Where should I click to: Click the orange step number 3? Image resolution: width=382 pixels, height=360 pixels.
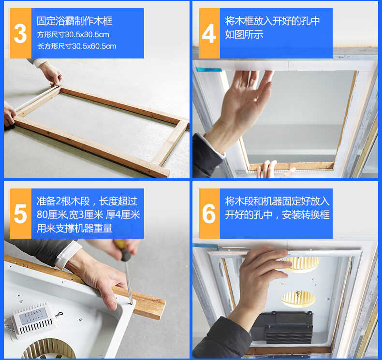20,33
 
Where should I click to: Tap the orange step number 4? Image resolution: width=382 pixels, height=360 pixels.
209,33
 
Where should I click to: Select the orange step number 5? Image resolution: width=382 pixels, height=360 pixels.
20,214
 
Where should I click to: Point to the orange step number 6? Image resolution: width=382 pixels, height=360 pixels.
209,214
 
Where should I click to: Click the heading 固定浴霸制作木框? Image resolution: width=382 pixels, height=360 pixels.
74,21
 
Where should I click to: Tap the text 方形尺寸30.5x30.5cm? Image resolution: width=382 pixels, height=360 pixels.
73,34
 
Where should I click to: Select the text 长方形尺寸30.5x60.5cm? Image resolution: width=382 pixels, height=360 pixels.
76,46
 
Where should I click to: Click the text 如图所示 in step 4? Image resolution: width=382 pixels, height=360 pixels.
244,34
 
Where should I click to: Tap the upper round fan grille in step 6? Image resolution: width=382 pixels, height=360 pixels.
301,263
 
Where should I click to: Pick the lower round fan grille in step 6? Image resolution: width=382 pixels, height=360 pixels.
298,298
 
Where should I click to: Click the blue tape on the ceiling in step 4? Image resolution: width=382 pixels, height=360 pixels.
208,70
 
